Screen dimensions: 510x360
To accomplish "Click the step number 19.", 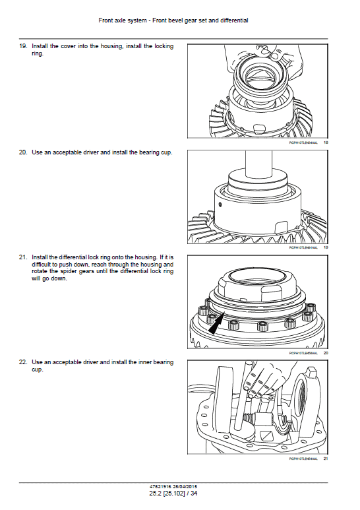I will pyautogui.click(x=22, y=47).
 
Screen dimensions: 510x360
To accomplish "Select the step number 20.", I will pyautogui.click(x=22, y=152).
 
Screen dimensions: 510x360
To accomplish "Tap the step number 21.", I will pyautogui.click(x=22, y=257).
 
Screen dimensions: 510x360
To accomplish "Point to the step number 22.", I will pyautogui.click(x=22, y=362).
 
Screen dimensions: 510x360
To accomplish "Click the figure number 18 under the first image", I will pyautogui.click(x=325, y=143).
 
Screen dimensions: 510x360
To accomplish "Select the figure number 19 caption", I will pyautogui.click(x=325, y=248).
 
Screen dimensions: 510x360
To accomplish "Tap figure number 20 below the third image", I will pyautogui.click(x=325, y=353).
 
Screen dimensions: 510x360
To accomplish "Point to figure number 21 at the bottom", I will pyautogui.click(x=325, y=459).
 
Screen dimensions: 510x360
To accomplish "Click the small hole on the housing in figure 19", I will pyautogui.click(x=220, y=204).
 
